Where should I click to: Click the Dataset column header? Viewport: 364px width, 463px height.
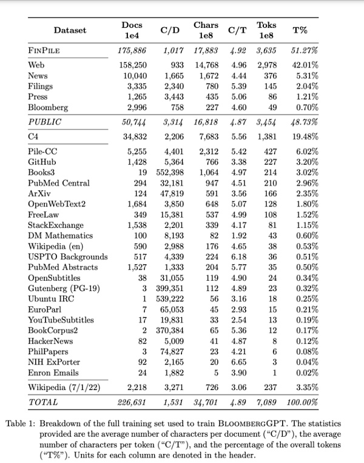pyautogui.click(x=70, y=30)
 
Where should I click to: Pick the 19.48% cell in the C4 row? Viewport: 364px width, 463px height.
pyautogui.click(x=304, y=137)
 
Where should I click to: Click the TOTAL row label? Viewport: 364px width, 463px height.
pyautogui.click(x=43, y=402)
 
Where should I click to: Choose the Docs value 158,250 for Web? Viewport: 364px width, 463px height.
pyautogui.click(x=135, y=65)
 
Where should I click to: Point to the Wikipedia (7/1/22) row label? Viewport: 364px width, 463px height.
pyautogui.click(x=64, y=387)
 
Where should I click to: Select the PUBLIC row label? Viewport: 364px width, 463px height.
pyautogui.click(x=45, y=122)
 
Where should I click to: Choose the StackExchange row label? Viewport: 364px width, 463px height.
pyautogui.click(x=56, y=225)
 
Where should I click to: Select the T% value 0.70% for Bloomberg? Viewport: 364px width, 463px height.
pyautogui.click(x=306, y=107)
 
